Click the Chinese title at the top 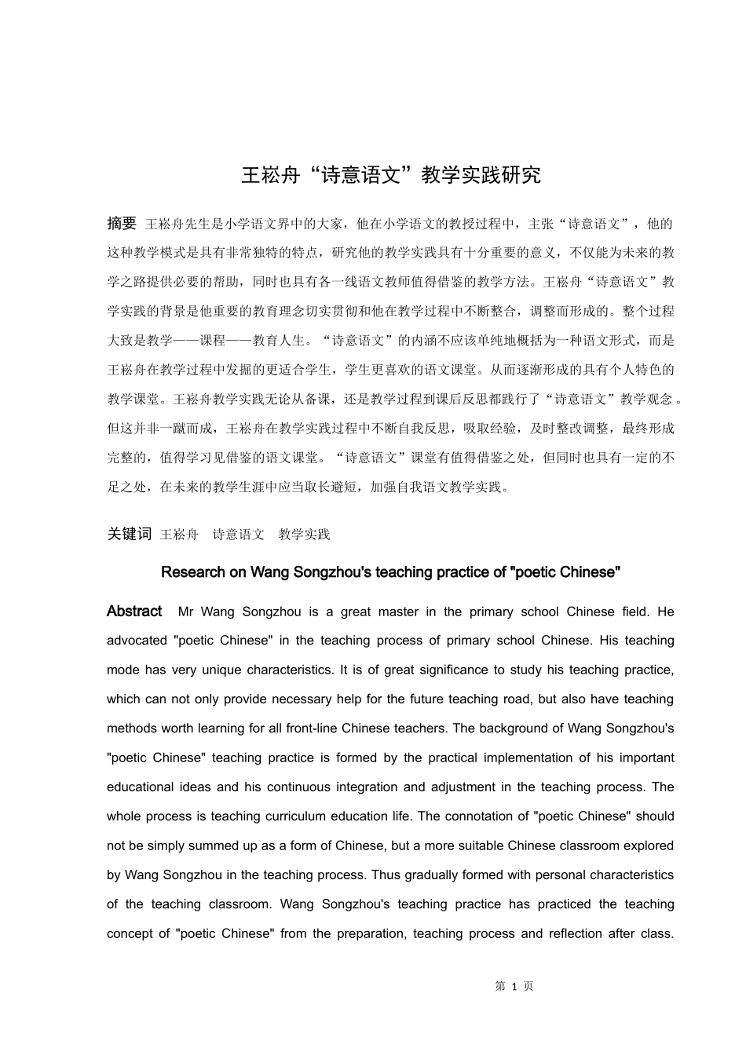coord(390,175)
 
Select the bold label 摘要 coord(122,224)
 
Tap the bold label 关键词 coord(129,534)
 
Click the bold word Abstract coord(134,611)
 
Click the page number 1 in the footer coord(514,987)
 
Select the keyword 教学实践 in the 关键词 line coord(304,535)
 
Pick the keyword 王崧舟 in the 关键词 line coord(179,535)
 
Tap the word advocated coord(137,641)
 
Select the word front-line coord(313,728)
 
